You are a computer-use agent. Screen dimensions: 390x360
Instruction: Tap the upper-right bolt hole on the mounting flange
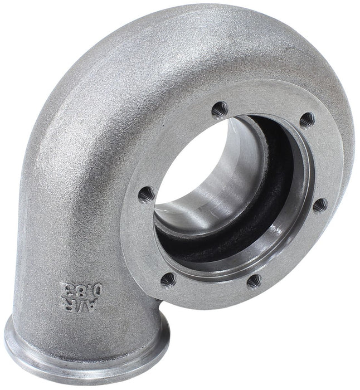pyautogui.click(x=307, y=119)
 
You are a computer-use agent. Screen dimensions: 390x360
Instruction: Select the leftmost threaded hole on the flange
pyautogui.click(x=146, y=194)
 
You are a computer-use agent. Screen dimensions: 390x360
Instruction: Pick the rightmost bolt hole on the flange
pyautogui.click(x=320, y=204)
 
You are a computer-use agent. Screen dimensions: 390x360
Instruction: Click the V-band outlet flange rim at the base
pyautogui.click(x=84, y=362)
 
